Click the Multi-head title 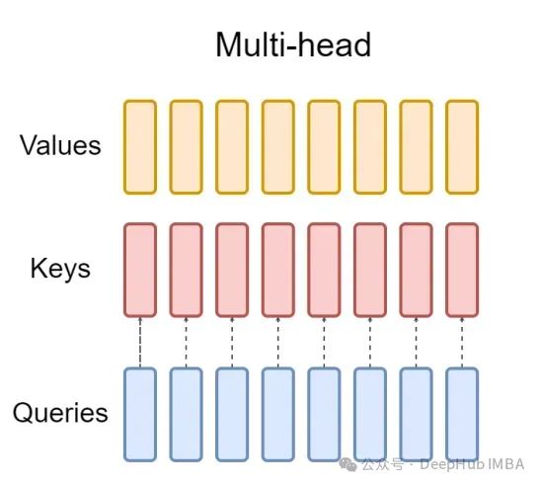click(x=293, y=44)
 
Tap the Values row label click(x=60, y=145)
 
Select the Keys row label click(x=60, y=269)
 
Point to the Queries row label click(x=60, y=413)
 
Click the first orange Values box click(x=140, y=147)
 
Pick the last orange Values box click(x=462, y=147)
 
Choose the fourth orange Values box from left click(x=278, y=147)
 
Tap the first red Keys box click(x=140, y=270)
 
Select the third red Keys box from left click(x=232, y=270)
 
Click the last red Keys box click(x=462, y=270)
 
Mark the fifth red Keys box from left click(x=324, y=270)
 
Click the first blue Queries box click(x=140, y=415)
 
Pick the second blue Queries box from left click(x=186, y=415)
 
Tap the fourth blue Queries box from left click(x=278, y=415)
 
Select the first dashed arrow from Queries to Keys click(x=140, y=343)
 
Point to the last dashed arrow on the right click(x=462, y=343)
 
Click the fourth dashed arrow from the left click(x=278, y=343)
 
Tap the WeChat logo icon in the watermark click(x=348, y=464)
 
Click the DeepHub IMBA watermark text click(x=472, y=464)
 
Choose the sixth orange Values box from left click(x=370, y=147)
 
